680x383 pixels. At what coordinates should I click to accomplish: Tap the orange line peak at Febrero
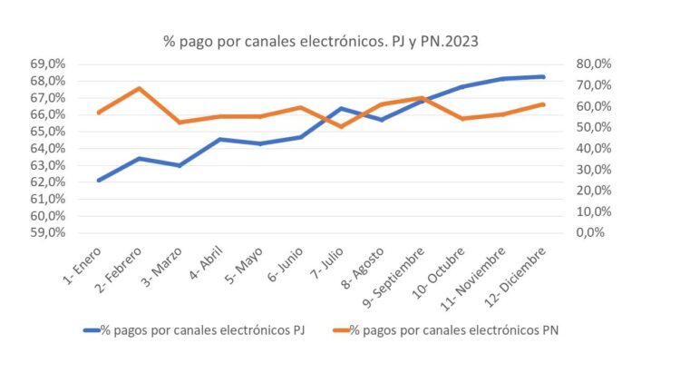click(139, 88)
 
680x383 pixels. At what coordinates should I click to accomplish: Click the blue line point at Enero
click(98, 180)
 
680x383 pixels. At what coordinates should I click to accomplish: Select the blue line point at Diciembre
click(543, 76)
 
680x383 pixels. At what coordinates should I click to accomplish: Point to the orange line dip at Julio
click(341, 126)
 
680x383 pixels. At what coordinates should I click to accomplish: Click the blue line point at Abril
click(219, 139)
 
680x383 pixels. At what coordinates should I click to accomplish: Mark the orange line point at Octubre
click(462, 119)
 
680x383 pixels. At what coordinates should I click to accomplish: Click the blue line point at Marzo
click(179, 165)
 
